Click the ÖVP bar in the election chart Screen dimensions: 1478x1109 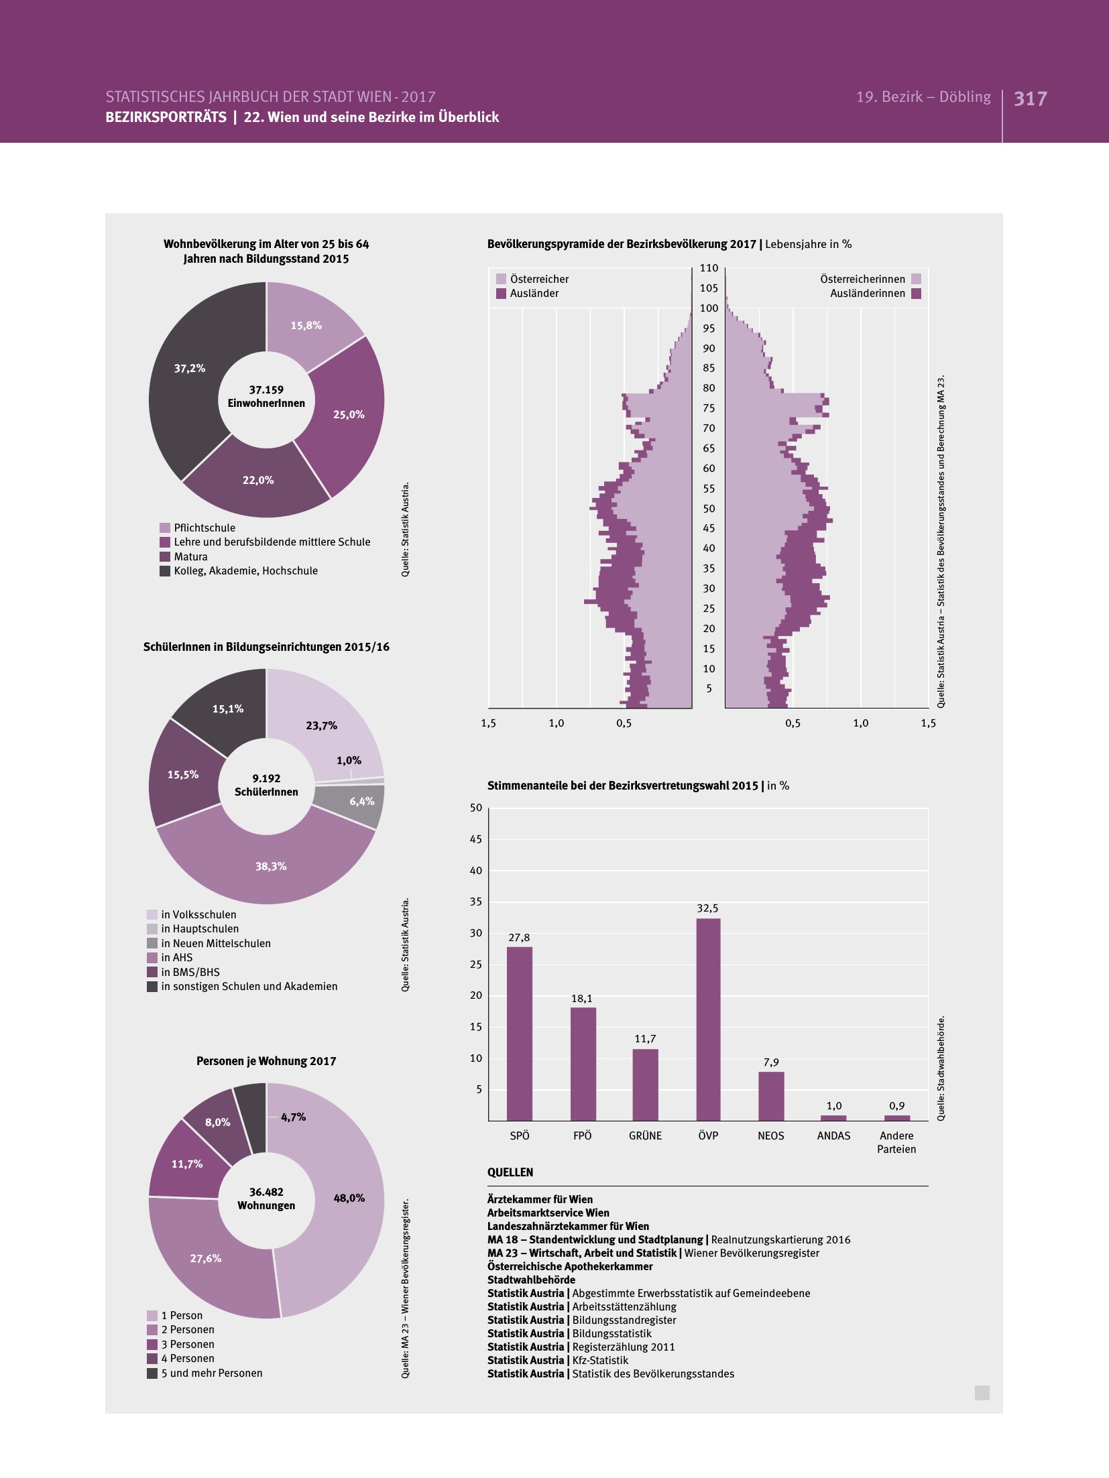(708, 1019)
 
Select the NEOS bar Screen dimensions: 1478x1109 (771, 1096)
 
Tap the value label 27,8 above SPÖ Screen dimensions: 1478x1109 (519, 938)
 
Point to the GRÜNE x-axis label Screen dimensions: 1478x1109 (645, 1135)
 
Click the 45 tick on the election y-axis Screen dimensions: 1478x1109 (475, 839)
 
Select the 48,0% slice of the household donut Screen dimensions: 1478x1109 (335, 1207)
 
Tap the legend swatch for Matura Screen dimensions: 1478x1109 (165, 556)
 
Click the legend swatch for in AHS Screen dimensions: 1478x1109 (152, 958)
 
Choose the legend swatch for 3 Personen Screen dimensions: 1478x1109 (152, 1344)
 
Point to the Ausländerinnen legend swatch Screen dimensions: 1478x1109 (917, 294)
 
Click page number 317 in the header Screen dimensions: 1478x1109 (1030, 99)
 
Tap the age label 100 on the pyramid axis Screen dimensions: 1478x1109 (709, 308)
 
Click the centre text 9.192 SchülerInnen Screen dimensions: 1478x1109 (266, 785)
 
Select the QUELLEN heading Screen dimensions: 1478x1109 (510, 1172)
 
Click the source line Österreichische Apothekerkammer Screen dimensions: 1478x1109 (570, 1266)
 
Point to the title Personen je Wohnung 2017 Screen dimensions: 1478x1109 (266, 1061)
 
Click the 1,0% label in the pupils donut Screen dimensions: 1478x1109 (349, 760)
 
